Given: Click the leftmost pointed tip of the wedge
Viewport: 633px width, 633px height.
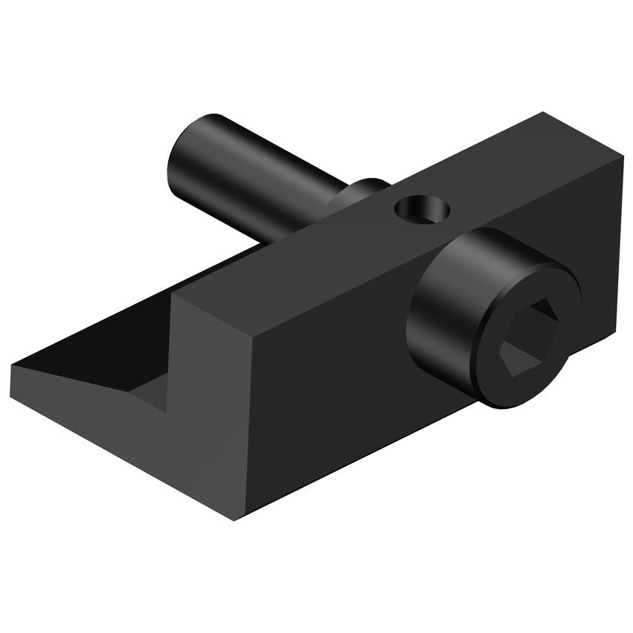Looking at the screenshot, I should point(12,365).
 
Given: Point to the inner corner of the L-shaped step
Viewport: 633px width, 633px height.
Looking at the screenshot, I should point(172,400).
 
